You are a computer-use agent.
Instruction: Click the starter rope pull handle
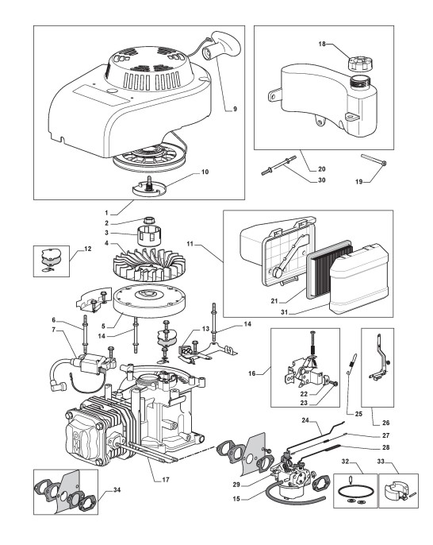222,44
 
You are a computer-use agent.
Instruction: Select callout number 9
235,109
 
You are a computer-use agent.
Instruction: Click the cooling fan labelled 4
149,264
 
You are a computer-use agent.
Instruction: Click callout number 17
166,480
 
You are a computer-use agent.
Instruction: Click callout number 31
285,312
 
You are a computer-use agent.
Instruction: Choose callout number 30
322,180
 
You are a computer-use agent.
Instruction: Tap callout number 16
252,373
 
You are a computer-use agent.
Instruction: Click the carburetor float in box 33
394,489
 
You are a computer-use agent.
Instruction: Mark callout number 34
117,490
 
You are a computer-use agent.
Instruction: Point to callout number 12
87,249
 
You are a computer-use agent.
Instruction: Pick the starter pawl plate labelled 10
149,187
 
